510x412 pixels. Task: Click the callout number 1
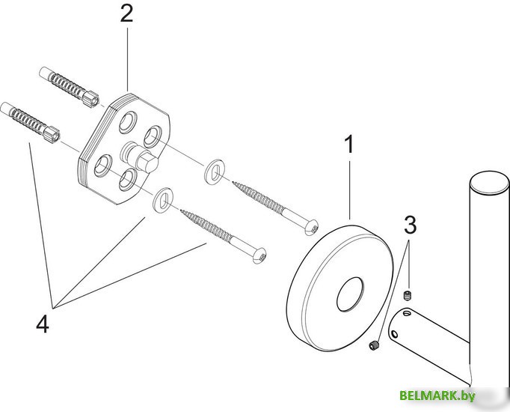(x=349, y=145)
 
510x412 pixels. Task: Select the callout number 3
(x=410, y=225)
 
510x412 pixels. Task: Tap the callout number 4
(x=43, y=324)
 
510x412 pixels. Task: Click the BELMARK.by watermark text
(x=437, y=396)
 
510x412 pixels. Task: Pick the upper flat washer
(x=215, y=172)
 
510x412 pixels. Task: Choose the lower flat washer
(x=163, y=200)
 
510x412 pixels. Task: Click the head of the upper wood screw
(x=311, y=226)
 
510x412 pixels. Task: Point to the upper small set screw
(x=408, y=296)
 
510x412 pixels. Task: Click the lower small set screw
(x=374, y=345)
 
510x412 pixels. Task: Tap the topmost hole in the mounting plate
(x=127, y=122)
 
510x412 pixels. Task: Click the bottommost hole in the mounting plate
(x=127, y=180)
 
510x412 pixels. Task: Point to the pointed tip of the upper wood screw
(x=233, y=183)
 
